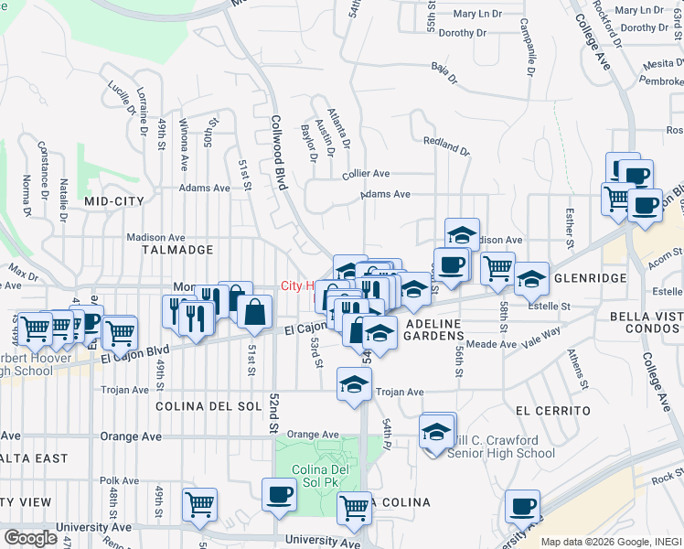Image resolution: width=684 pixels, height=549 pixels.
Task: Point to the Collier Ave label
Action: click(366, 173)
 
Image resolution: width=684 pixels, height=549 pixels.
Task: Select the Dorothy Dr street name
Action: click(464, 33)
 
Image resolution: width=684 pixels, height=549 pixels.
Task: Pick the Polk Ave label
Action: click(119, 480)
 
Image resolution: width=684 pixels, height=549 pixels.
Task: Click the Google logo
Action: click(29, 538)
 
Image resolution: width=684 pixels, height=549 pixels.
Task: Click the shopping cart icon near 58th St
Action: click(497, 268)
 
